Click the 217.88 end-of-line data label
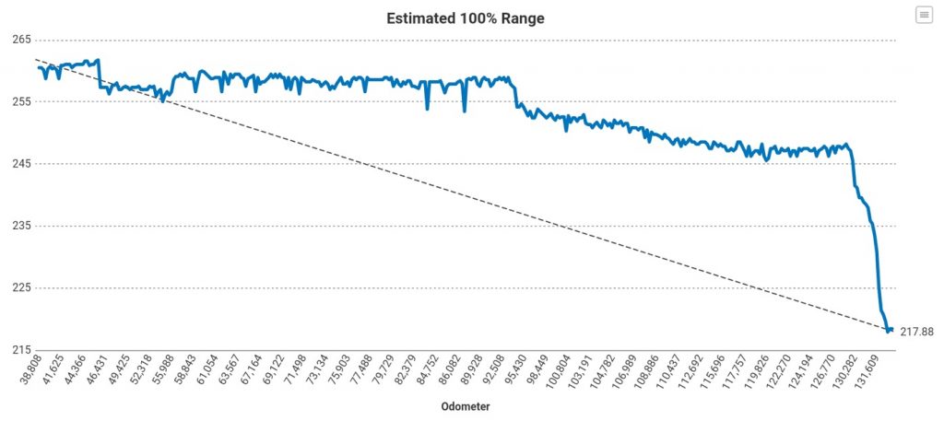[x=916, y=332]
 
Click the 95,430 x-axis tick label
[x=518, y=372]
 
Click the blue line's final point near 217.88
[x=891, y=330]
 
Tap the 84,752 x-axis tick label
[x=424, y=372]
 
